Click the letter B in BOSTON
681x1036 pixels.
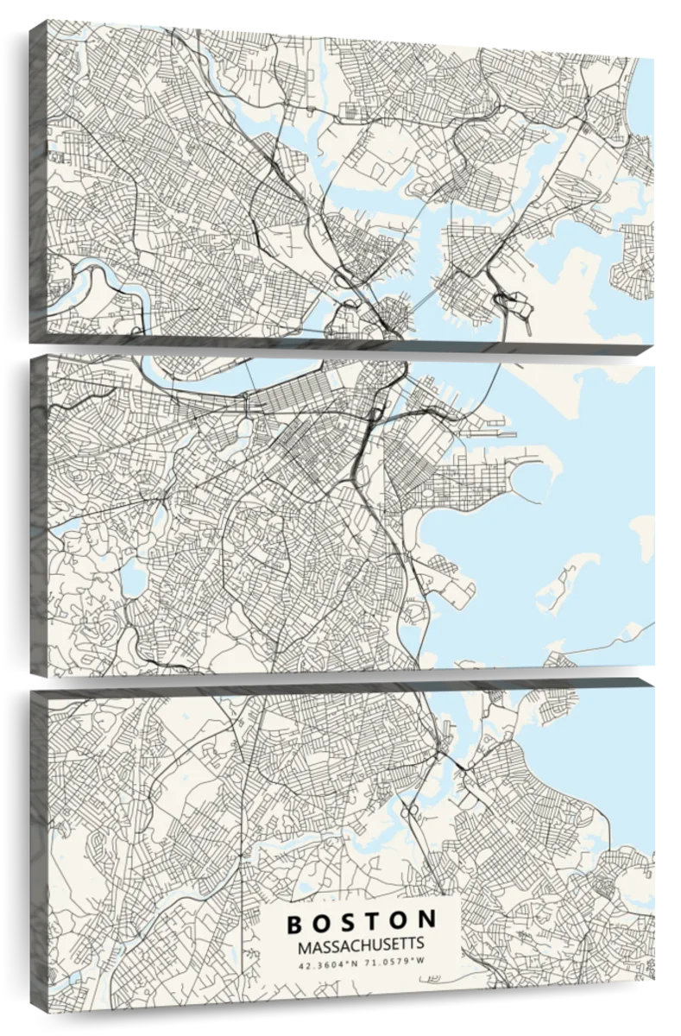294,923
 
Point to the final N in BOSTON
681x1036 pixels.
428,923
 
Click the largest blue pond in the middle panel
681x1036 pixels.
134,579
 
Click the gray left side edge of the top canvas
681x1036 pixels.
37,181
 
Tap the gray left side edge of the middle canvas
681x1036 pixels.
38,514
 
